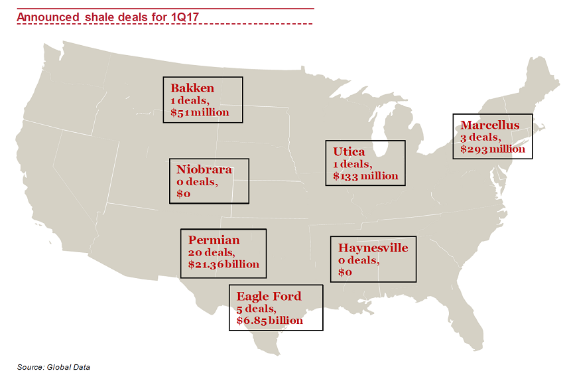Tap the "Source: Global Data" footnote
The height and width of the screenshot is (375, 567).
(53, 366)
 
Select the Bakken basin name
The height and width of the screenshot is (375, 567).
(192, 88)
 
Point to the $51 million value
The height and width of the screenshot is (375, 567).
(200, 112)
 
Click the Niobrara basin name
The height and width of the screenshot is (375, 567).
(204, 169)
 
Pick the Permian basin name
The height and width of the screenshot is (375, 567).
(214, 240)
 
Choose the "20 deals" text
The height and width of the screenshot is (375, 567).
(212, 252)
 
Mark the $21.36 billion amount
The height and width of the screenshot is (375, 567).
(223, 264)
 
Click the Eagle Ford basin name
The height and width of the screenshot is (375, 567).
(269, 296)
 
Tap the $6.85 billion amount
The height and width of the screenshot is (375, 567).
(269, 320)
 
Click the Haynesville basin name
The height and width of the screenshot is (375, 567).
(373, 248)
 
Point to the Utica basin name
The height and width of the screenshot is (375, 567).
(349, 152)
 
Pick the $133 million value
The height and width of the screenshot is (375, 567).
(365, 176)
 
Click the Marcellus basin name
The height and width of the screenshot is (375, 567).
(490, 125)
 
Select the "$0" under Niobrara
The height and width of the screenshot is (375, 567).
(184, 194)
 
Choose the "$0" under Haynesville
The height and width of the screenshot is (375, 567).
(345, 272)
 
